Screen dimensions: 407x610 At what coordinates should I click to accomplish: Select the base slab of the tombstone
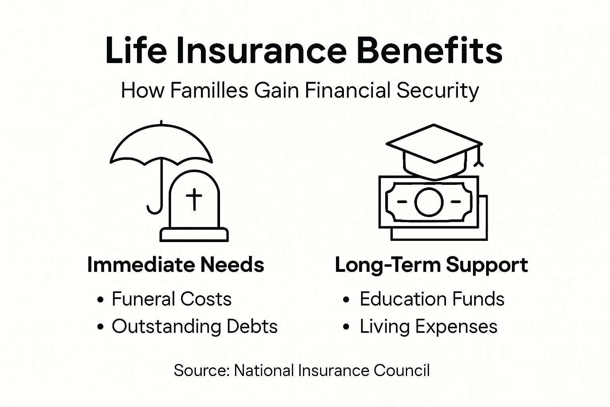[194, 235]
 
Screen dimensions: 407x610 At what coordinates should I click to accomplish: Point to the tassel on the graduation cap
[479, 159]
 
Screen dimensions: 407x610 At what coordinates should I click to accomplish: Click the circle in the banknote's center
[429, 202]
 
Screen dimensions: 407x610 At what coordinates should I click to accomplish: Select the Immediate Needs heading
[176, 265]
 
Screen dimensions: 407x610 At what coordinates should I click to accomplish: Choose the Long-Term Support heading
[431, 265]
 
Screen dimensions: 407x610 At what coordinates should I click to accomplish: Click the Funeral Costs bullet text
[172, 299]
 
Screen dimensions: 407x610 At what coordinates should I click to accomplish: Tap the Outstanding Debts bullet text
[194, 327]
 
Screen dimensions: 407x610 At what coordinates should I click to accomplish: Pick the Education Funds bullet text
[432, 299]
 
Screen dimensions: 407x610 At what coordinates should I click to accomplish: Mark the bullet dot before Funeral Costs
[100, 300]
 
